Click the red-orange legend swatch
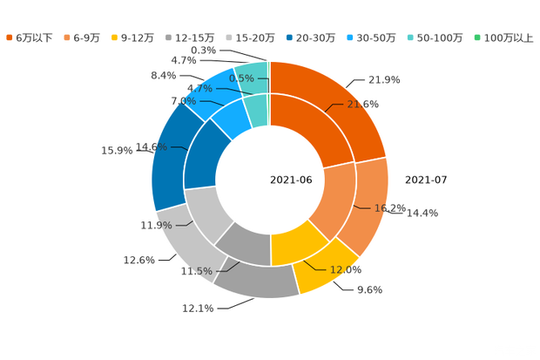coord(10,37)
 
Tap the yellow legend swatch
coord(114,37)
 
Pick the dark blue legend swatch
coord(288,37)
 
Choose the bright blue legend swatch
coord(349,37)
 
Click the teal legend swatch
coord(410,37)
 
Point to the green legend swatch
coord(476,37)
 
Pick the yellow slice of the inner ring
coord(296,245)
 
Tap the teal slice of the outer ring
coord(252,73)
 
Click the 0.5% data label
coord(241,78)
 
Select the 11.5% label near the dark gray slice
coord(196,272)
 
